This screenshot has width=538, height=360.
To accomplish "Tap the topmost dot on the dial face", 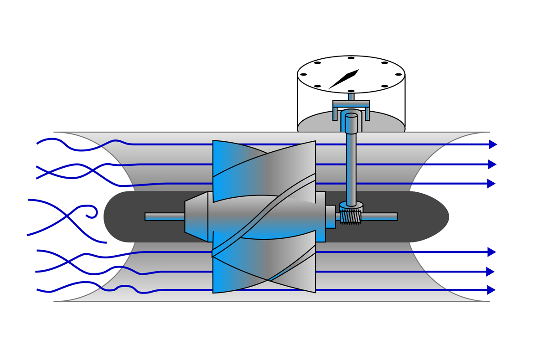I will point(351,58).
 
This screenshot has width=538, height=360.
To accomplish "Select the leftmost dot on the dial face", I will point(303,74).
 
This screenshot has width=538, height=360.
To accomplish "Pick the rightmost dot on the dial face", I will point(398,74).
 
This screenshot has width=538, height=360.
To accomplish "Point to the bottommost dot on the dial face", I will point(351,91).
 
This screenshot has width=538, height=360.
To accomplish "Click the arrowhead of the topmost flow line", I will point(492,144).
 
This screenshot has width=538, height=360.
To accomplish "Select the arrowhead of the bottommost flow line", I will point(491,290).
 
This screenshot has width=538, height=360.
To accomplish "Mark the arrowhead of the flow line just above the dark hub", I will point(491,184).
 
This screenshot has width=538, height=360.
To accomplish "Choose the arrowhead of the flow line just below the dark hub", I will point(491,252).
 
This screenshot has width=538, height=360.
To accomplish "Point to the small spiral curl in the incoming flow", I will point(93,213).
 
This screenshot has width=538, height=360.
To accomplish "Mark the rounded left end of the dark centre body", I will point(108,216).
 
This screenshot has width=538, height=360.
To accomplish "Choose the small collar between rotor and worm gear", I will point(331,216).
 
